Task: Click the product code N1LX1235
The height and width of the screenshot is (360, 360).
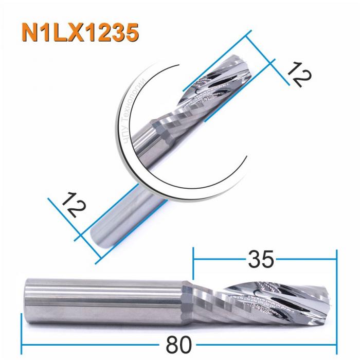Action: click(80, 32)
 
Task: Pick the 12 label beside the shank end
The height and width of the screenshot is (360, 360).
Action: click(72, 205)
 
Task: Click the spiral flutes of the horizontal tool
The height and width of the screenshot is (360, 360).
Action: click(257, 298)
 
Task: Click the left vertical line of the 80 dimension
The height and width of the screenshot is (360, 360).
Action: click(21, 329)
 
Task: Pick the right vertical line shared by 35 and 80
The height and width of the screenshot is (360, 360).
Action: click(336, 298)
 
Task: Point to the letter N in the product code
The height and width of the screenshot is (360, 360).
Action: click(30, 32)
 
